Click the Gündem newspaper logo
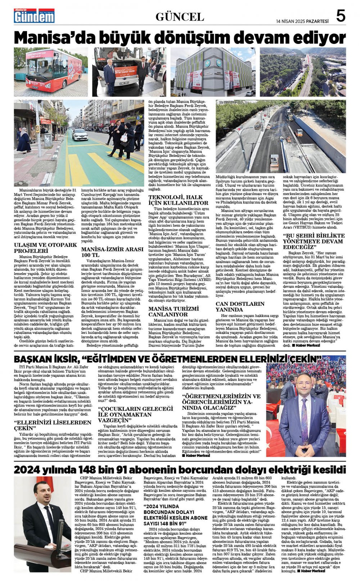coord(34,16)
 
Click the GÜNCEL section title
coord(180,17)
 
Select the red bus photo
coord(51,72)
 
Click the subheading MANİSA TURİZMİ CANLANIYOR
coord(174,312)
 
